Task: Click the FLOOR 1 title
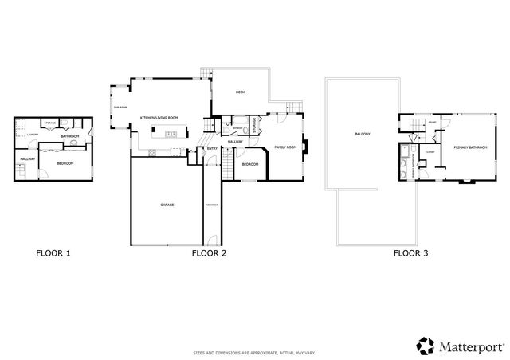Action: coord(54,253)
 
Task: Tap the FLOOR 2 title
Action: coord(210,253)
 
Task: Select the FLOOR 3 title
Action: coord(411,253)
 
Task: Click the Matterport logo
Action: coord(460,345)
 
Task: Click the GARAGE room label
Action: coord(167,205)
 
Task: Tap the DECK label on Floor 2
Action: coord(239,93)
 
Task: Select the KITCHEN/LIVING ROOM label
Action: coord(159,117)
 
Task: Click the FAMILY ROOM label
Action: coord(285,147)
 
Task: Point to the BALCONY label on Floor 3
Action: coord(363,134)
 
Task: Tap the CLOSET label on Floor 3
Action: coord(429,151)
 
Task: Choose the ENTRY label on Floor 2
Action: coord(212,148)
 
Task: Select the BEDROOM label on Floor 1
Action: coord(65,162)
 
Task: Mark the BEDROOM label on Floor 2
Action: coord(249,163)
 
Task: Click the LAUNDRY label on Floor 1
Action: coord(32,135)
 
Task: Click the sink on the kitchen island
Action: coord(171,133)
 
